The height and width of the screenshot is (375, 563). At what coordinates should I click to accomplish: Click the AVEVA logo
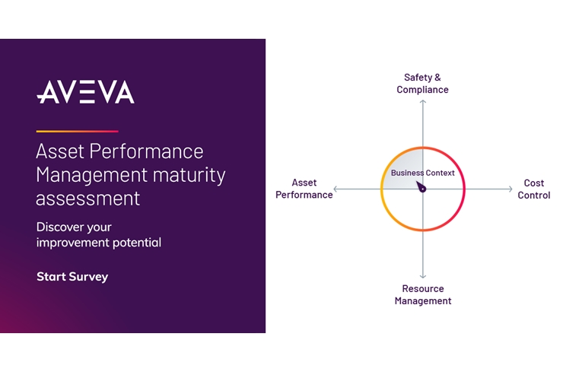85,92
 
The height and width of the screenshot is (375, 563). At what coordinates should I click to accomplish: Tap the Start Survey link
72,277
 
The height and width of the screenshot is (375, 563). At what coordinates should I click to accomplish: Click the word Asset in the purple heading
60,151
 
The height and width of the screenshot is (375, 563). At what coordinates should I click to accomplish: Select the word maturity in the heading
189,176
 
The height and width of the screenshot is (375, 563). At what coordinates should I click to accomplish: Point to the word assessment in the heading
87,199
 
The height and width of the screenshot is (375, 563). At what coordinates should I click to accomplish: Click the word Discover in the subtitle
56,227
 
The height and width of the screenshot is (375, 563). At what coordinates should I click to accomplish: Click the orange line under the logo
77,132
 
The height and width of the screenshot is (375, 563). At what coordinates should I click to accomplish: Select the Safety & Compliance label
422,83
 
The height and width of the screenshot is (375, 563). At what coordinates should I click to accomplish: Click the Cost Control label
533,189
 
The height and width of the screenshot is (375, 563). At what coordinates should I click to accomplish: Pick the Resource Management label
422,294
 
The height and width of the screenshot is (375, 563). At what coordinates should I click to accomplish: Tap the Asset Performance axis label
304,189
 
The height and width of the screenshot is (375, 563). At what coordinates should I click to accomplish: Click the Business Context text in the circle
422,173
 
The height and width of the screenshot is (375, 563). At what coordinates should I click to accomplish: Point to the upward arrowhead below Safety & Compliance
423,102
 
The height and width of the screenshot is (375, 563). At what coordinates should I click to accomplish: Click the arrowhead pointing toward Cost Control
511,189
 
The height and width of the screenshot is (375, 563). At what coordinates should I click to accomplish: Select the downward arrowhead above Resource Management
423,276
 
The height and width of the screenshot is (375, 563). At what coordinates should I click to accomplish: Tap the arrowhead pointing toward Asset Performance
336,189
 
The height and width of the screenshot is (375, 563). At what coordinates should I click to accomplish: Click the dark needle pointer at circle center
421,187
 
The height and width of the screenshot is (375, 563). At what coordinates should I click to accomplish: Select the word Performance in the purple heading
147,151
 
